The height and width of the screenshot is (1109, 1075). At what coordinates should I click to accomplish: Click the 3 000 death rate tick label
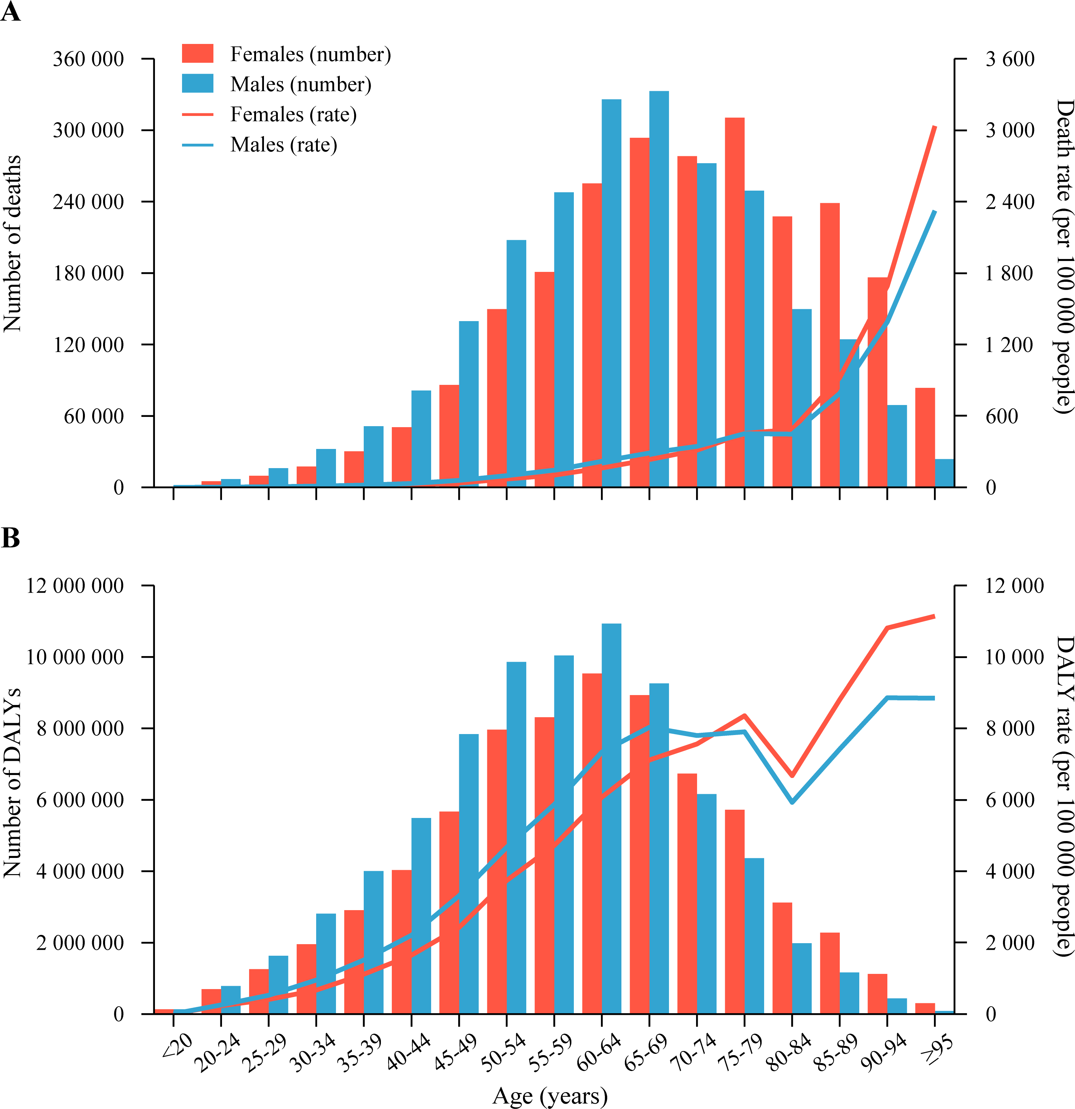(x=1010, y=130)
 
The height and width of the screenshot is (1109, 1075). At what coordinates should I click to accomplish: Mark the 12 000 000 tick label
(x=75, y=586)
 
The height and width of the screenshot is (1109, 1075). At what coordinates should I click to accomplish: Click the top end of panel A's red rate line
(x=935, y=127)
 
